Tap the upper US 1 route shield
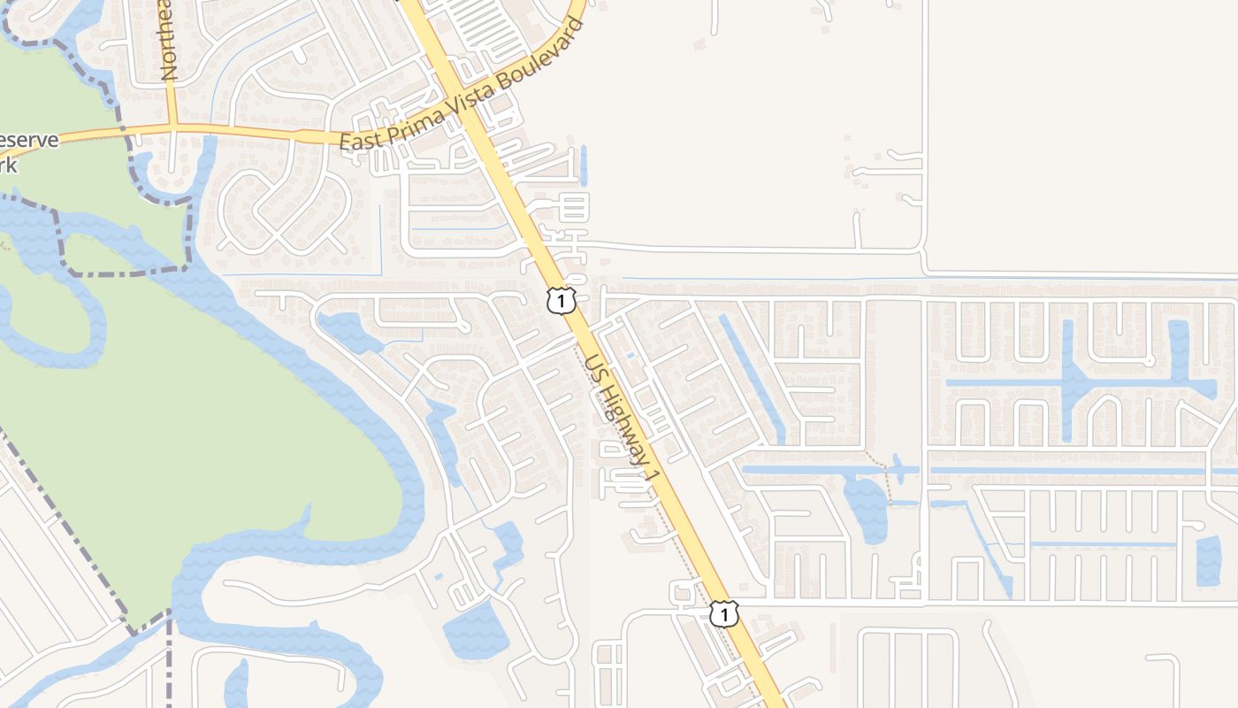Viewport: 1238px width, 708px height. coord(561,300)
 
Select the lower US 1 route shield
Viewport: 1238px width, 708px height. coord(723,613)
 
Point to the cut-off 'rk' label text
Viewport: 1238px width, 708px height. coord(8,165)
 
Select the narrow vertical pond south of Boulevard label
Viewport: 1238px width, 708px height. coord(584,165)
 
